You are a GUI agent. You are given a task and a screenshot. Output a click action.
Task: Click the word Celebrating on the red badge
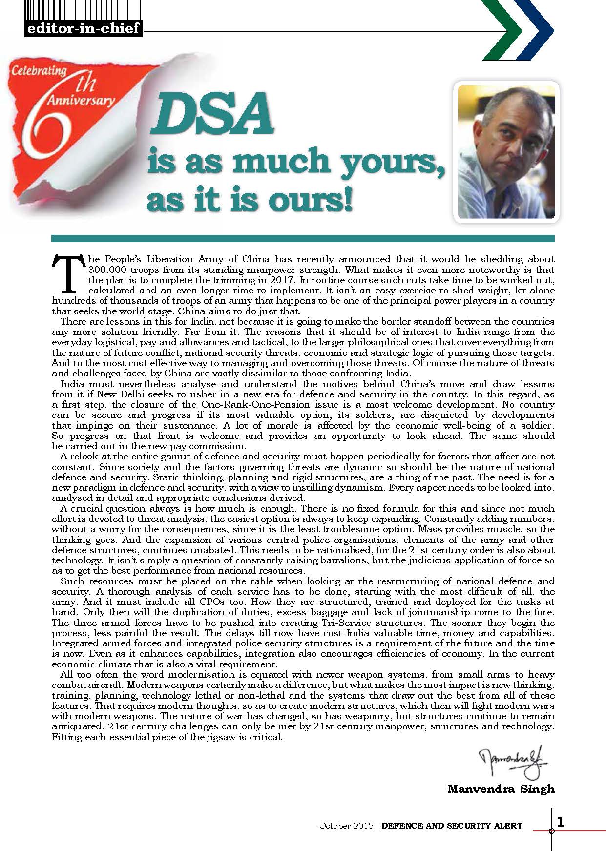tap(39, 71)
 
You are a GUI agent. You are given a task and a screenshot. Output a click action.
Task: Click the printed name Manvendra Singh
tap(501, 789)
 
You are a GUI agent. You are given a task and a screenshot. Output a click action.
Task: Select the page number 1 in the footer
tap(560, 823)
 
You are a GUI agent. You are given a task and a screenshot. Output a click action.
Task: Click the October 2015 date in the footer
tap(346, 826)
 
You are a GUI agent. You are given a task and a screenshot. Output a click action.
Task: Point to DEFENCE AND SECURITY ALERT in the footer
tap(452, 826)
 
